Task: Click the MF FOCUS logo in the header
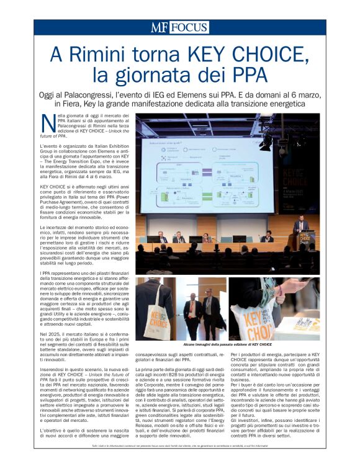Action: (179, 27)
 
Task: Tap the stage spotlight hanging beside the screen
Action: (266, 143)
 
